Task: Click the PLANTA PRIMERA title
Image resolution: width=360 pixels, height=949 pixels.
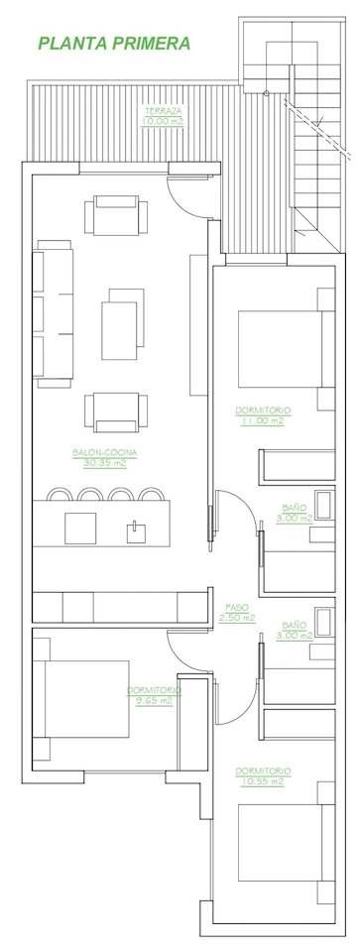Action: pos(114,44)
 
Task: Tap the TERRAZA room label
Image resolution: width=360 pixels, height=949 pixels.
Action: pos(163,111)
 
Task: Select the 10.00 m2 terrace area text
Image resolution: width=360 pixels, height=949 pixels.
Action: pos(163,121)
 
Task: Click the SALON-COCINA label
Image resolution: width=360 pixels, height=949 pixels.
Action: pos(105,452)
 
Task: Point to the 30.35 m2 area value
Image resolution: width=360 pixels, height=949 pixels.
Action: pos(105,463)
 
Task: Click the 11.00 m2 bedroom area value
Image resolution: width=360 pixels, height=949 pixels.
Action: pos(262,420)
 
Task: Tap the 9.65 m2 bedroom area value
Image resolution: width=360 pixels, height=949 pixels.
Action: pos(154,701)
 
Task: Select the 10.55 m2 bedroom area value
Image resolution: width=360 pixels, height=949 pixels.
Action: pos(263,781)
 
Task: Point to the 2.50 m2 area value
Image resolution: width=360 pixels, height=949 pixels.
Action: pos(237,618)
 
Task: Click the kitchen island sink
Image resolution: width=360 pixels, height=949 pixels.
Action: pos(137,532)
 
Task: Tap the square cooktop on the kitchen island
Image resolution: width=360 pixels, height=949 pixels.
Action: pos(80,529)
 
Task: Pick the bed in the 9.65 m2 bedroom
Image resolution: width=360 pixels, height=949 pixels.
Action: pos(81,698)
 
